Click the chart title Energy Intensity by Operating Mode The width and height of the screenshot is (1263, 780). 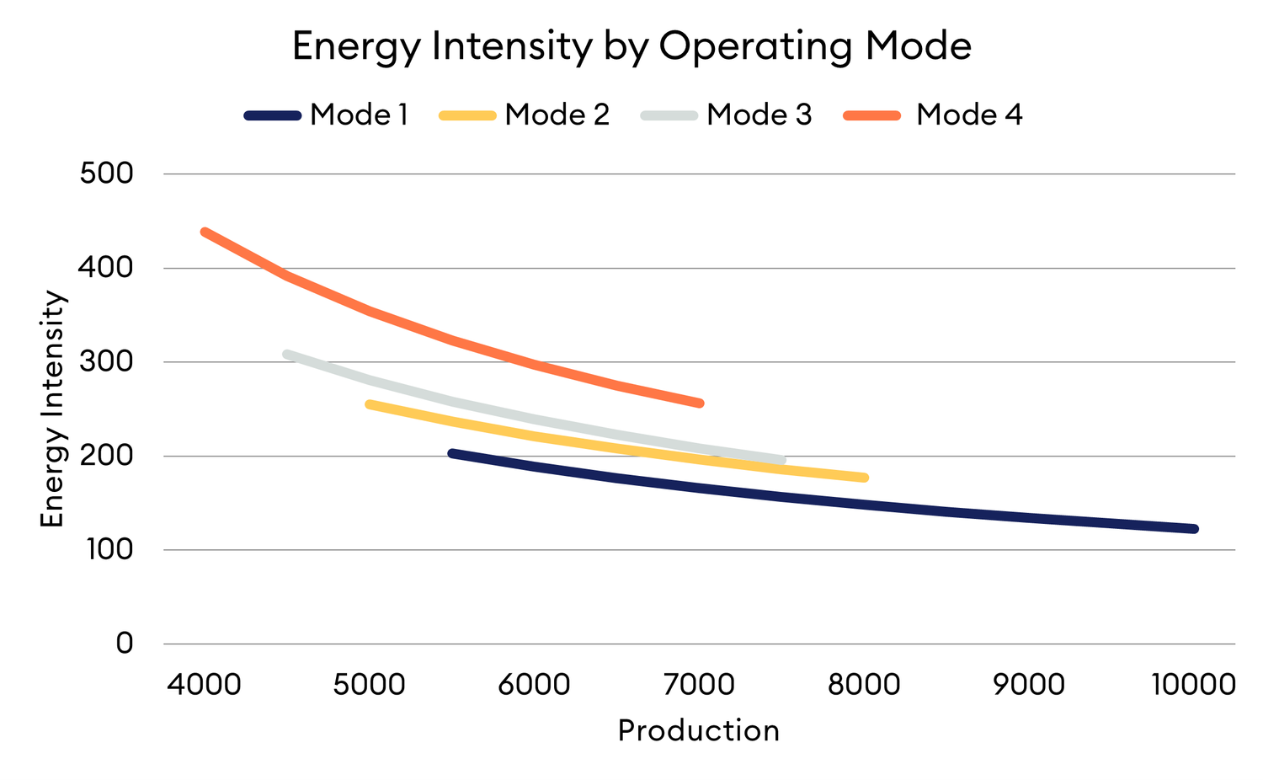coord(631,45)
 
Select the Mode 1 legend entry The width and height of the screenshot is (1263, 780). coord(358,115)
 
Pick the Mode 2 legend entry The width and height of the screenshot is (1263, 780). coord(556,115)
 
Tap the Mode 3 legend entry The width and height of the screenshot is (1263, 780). coord(759,115)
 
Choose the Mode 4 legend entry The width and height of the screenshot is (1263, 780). coord(968,115)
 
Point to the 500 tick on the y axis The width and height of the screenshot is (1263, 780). coord(106,174)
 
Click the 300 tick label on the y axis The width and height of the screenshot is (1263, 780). coord(106,362)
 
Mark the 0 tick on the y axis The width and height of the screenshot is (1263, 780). coord(124,644)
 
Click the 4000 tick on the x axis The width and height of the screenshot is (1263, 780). coord(204,684)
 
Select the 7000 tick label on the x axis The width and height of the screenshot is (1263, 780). coord(699,684)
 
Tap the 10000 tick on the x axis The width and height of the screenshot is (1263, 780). coord(1193,684)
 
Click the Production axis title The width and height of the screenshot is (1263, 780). coord(698,730)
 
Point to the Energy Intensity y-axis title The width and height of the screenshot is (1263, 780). coord(52,409)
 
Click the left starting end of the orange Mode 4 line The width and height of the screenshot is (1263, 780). coord(205,232)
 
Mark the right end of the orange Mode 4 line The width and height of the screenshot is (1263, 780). coord(700,403)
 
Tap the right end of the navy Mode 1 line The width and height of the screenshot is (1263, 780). coord(1194,529)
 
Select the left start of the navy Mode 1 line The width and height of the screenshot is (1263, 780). coord(452,453)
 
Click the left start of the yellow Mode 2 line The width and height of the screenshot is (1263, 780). coord(370,404)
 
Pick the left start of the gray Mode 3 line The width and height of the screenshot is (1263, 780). coord(287,354)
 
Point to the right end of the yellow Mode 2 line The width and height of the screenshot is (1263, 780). coord(865,478)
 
